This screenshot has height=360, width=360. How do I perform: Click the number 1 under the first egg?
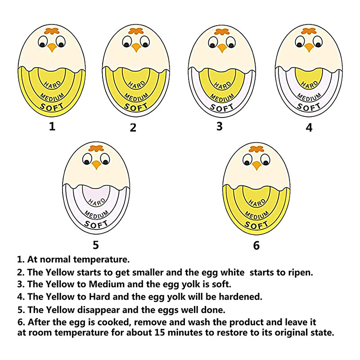coord(52,126)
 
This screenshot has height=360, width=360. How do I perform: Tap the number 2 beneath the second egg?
coord(133,127)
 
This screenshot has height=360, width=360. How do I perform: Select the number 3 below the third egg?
coord(219,126)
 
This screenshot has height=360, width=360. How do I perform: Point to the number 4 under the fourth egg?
coord(309,127)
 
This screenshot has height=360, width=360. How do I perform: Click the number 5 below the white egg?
coord(95,245)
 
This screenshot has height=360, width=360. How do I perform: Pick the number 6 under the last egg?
coord(256,245)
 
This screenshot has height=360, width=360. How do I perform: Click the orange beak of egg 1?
coord(52,47)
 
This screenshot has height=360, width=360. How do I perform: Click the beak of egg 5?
coord(96,165)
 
